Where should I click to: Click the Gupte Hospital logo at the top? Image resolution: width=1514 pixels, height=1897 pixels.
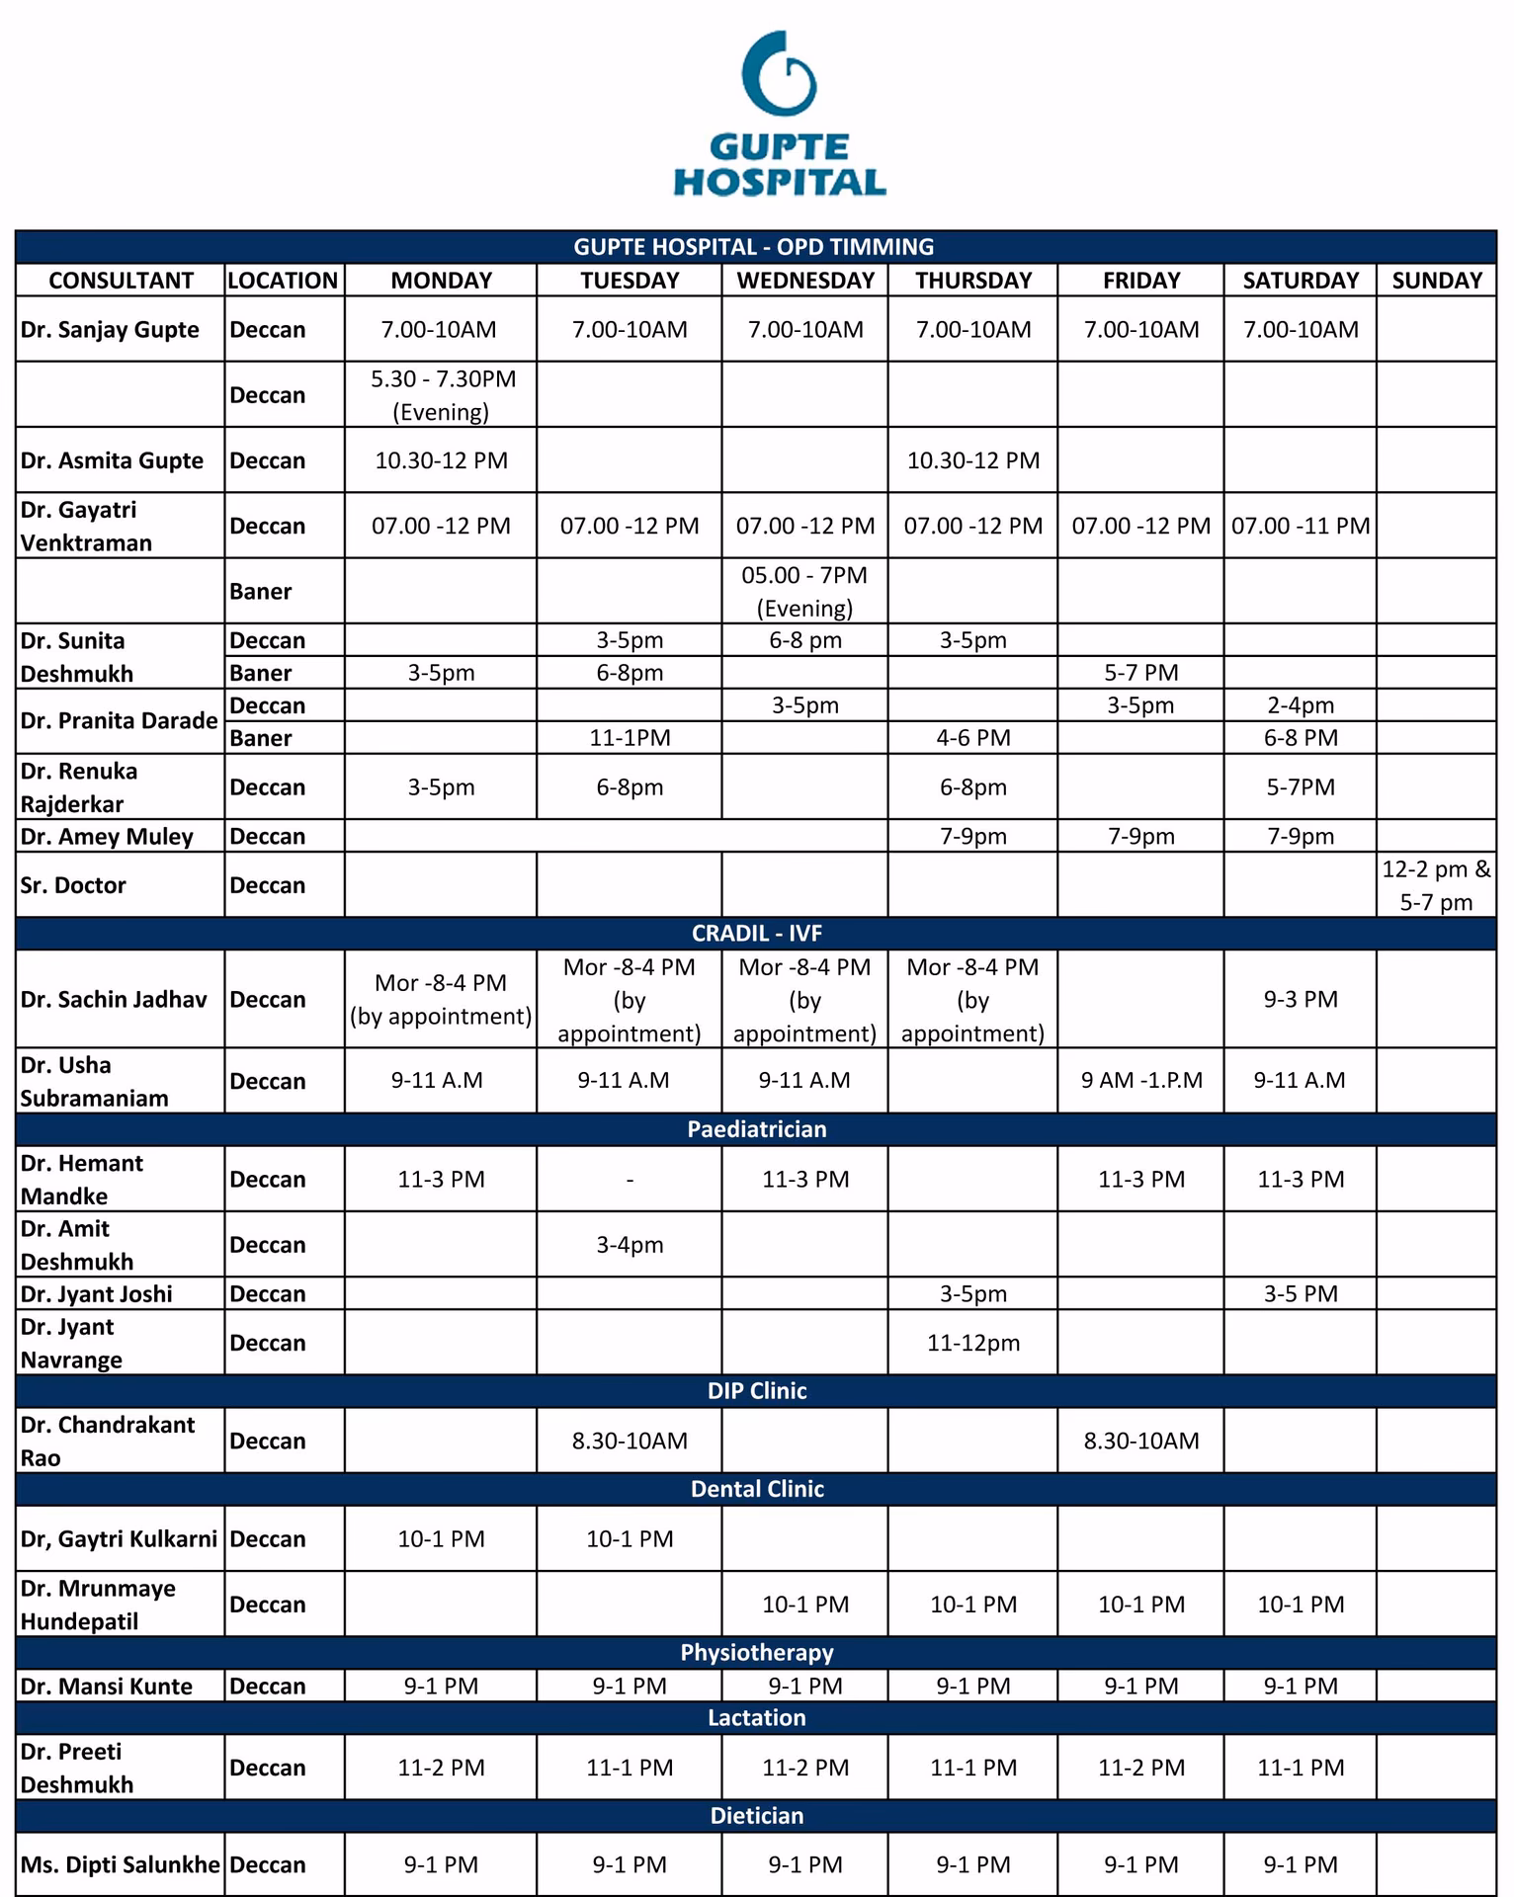click(x=779, y=114)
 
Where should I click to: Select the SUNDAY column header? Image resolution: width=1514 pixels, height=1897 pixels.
click(x=1436, y=281)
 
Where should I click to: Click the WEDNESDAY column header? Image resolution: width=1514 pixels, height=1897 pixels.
click(x=805, y=281)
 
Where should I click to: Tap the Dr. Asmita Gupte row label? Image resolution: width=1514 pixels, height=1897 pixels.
click(x=112, y=460)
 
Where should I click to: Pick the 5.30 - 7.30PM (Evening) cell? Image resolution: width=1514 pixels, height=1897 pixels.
click(x=442, y=395)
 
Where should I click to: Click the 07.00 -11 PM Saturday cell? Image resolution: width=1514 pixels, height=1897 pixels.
click(x=1301, y=526)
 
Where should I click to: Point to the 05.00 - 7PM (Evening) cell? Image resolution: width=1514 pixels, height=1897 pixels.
click(x=804, y=591)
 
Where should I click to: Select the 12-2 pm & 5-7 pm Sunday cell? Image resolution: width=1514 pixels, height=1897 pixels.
click(x=1436, y=885)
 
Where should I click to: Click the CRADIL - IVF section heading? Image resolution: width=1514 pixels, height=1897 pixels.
click(x=757, y=934)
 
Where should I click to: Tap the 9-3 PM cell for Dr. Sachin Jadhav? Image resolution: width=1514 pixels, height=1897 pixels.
click(x=1301, y=999)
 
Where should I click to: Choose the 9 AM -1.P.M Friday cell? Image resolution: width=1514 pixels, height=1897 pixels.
click(x=1141, y=1080)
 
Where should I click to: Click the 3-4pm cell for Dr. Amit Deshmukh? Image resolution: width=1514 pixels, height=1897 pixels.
click(x=630, y=1245)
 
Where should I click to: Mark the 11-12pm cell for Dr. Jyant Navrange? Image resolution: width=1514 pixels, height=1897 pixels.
click(x=973, y=1343)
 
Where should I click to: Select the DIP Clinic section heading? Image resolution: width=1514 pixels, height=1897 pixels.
click(x=757, y=1391)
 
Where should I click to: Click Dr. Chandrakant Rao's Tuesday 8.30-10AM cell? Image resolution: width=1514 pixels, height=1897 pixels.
click(x=630, y=1441)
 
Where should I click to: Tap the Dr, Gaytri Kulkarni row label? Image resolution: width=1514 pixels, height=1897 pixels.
click(x=119, y=1538)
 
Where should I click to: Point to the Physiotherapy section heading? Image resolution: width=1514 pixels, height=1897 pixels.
click(x=757, y=1652)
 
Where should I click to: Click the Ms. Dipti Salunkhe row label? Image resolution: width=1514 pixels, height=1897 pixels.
click(x=120, y=1864)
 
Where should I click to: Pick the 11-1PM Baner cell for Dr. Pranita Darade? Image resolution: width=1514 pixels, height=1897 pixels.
click(x=630, y=738)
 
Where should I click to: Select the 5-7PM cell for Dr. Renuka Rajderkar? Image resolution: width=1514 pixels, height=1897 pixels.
click(x=1301, y=787)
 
